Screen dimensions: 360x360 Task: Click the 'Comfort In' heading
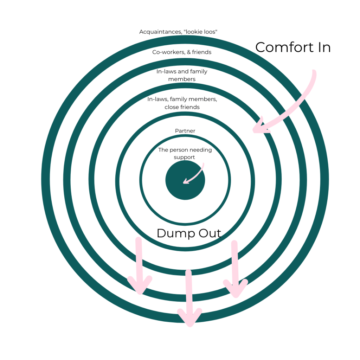[x=293, y=47]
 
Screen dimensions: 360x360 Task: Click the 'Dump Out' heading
[x=189, y=233]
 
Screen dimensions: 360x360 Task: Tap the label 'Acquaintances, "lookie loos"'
[x=178, y=32]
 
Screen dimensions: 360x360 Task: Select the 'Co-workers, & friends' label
[x=182, y=52]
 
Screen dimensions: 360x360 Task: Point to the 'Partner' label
[x=185, y=131]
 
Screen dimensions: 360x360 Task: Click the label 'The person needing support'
[x=185, y=153]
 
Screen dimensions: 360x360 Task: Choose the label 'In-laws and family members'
[x=182, y=75]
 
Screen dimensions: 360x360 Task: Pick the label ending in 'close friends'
[x=182, y=103]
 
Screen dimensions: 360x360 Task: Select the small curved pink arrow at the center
[x=195, y=174]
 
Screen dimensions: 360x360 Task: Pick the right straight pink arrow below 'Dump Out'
[x=235, y=269]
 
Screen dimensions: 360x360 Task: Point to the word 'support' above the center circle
[x=184, y=157]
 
